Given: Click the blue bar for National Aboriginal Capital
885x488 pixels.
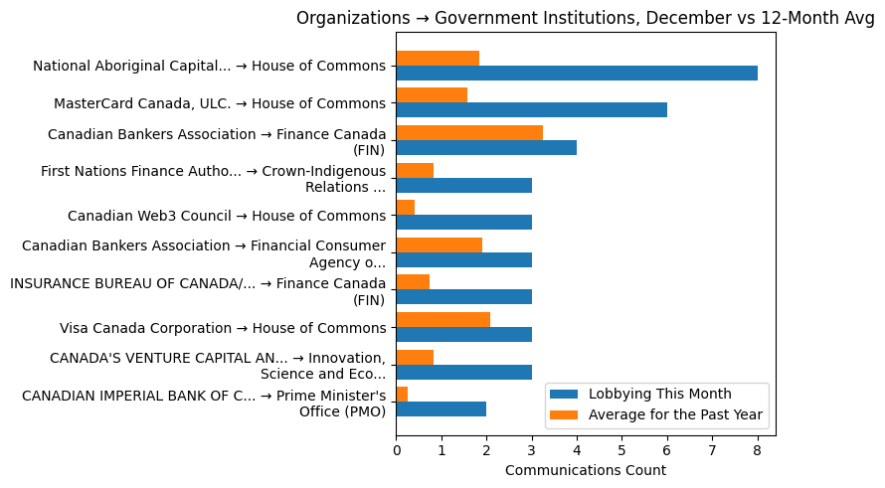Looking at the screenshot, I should pos(577,73).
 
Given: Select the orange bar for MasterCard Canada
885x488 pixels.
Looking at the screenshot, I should pos(432,95).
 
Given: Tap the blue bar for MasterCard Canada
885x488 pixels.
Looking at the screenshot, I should pos(531,110).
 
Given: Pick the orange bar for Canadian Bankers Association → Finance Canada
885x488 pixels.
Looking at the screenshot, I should pos(469,132).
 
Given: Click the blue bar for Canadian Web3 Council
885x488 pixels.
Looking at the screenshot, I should pos(463,222).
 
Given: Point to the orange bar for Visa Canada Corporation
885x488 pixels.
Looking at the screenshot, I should pos(442,319).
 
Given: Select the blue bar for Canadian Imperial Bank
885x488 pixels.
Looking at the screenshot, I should pos(441,408).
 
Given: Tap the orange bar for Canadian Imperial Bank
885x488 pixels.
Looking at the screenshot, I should pos(402,394).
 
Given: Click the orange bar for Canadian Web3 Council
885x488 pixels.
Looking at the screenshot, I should pos(406,207).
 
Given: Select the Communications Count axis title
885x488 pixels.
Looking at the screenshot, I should pos(585,470).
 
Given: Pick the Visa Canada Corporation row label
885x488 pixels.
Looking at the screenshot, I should pos(222,327).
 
